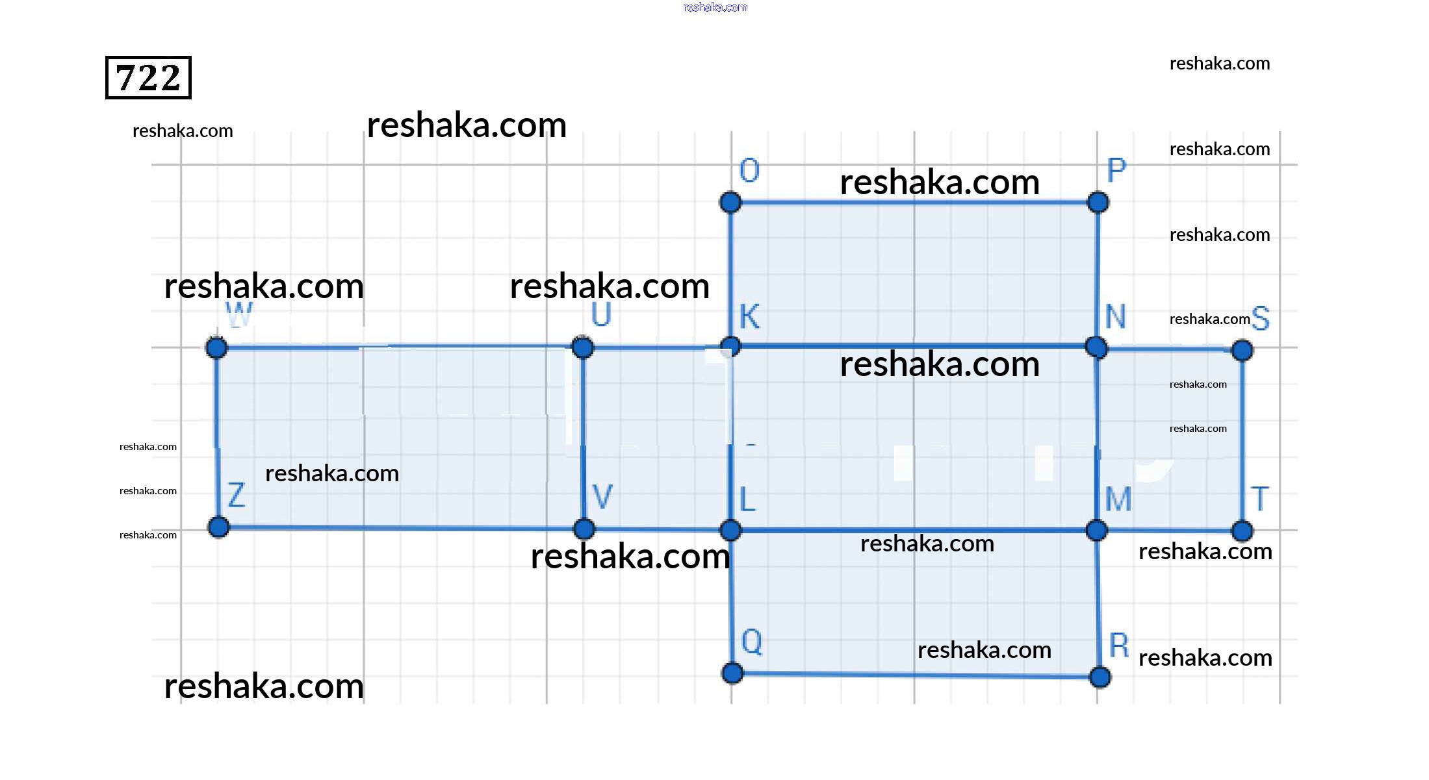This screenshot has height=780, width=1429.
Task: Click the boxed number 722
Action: [x=148, y=78]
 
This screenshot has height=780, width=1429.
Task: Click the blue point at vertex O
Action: [x=730, y=202]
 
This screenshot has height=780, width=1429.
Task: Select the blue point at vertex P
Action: [x=1098, y=202]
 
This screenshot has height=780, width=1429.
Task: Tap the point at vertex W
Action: [x=216, y=347]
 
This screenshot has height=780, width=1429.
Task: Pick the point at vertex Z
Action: [x=218, y=527]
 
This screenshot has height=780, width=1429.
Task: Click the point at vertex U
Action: [x=583, y=347]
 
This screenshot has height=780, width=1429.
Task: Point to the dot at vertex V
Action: [x=584, y=529]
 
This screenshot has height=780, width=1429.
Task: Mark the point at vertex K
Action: [x=731, y=346]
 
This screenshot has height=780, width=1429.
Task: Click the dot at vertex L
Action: [x=730, y=530]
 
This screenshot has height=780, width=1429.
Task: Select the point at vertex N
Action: [x=1096, y=347]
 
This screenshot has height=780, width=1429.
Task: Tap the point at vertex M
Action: [x=1096, y=530]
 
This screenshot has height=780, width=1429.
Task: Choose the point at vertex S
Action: [x=1242, y=351]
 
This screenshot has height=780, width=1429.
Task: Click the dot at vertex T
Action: [x=1242, y=531]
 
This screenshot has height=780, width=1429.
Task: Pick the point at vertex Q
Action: [x=732, y=673]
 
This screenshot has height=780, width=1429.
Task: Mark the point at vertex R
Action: [x=1100, y=677]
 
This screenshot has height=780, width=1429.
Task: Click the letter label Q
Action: [x=751, y=642]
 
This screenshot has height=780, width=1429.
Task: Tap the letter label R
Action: [x=1118, y=645]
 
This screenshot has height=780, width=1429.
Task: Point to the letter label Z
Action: [x=237, y=495]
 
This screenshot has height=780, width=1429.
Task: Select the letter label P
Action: [x=1116, y=170]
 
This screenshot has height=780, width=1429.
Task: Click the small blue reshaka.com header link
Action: [x=715, y=7]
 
